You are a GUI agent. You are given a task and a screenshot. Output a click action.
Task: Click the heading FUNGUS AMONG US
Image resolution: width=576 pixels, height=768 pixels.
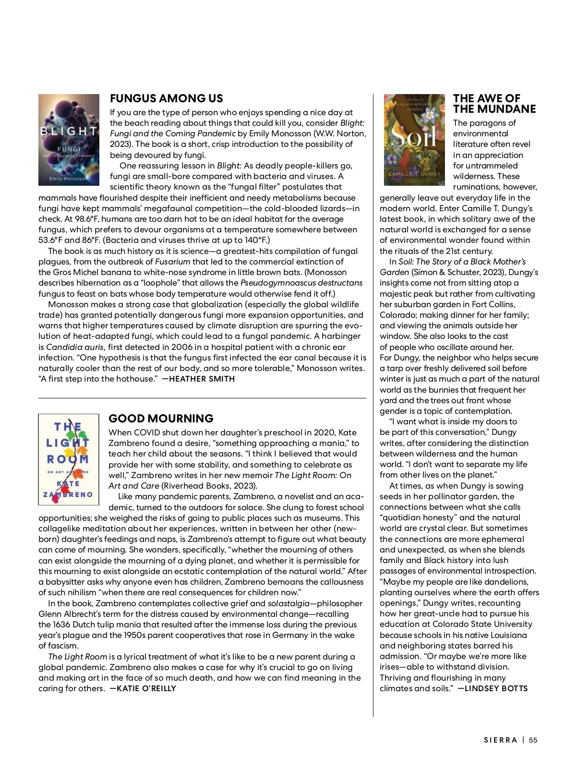[166, 98]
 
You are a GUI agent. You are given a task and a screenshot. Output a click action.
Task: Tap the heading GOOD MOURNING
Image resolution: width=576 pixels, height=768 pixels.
[161, 418]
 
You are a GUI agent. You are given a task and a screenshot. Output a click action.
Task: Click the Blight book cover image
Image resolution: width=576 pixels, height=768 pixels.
[69, 139]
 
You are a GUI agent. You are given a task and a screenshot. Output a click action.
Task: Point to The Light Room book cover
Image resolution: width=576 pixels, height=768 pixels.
[68, 459]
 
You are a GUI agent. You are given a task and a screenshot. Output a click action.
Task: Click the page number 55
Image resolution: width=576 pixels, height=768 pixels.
[533, 740]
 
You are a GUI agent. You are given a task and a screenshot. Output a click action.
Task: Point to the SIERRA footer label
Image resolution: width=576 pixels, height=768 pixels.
[500, 740]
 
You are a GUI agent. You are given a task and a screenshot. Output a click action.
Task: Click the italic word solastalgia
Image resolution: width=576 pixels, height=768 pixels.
[288, 603]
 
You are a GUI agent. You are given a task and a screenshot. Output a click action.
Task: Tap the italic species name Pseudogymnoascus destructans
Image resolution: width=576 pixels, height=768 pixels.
[301, 283]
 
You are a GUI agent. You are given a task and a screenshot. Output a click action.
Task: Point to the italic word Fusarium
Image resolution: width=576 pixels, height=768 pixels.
[172, 262]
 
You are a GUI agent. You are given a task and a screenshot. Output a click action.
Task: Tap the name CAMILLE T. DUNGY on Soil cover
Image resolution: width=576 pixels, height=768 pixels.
[414, 174]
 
